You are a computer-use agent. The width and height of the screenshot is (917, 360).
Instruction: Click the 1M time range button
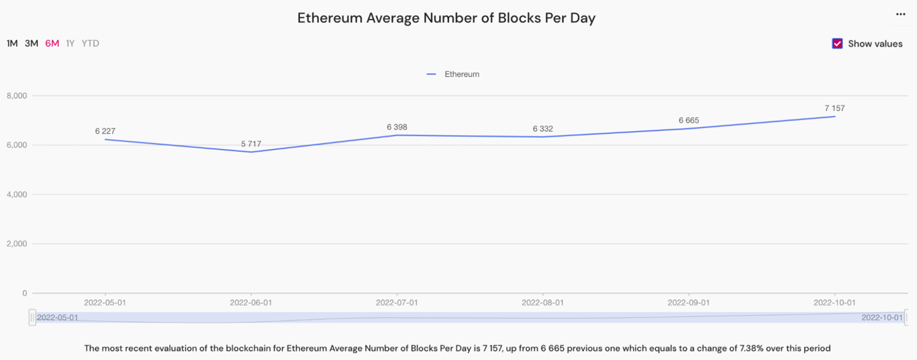coord(12,44)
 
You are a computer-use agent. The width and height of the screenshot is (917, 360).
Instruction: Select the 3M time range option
coord(32,44)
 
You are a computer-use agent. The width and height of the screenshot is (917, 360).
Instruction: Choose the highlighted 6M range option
coord(52,44)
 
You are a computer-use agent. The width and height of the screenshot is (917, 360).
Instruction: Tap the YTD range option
coord(91,44)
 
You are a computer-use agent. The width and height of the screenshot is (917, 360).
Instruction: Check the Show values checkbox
coord(837,44)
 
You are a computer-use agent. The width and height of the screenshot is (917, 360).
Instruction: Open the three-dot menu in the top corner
coord(901,14)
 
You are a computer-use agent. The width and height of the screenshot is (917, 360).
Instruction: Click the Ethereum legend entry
coord(454,75)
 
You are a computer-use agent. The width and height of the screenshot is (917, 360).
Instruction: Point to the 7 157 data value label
coord(834,108)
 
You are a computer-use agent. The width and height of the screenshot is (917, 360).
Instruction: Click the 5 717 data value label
coord(252,144)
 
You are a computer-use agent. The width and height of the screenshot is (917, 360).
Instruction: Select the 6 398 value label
coord(397,127)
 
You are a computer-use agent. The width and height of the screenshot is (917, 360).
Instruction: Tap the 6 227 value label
coord(105,132)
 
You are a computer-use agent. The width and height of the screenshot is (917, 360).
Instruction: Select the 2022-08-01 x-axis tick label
coord(542,303)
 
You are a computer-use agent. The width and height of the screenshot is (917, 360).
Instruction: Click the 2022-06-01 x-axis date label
coord(251,303)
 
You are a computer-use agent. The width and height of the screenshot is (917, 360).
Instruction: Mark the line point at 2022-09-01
coord(689,128)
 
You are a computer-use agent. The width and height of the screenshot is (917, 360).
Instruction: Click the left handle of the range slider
coord(32,317)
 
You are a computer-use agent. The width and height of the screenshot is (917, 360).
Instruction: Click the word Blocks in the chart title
coord(515,18)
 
